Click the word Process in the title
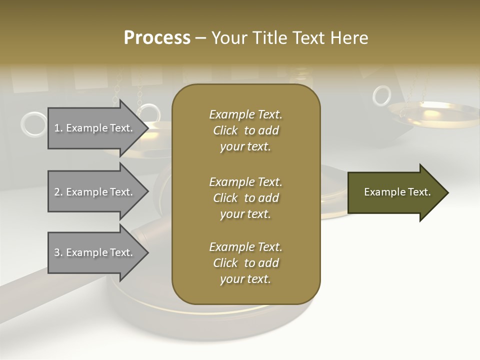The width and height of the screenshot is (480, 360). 157,38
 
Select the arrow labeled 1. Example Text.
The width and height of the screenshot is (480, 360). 95,128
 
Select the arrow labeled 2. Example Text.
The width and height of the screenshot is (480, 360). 95,192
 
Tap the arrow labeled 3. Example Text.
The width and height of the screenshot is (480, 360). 95,252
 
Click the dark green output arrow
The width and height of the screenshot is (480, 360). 395,192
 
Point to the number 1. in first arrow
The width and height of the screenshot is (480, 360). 58,128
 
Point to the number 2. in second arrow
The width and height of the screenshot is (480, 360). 58,192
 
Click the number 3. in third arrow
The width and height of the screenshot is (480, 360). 58,252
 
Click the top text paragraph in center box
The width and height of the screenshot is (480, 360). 245,130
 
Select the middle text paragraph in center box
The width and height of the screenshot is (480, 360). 245,198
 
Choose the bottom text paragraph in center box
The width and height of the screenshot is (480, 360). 245,263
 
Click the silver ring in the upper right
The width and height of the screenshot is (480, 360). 382,95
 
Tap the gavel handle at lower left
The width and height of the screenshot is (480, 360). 30,295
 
